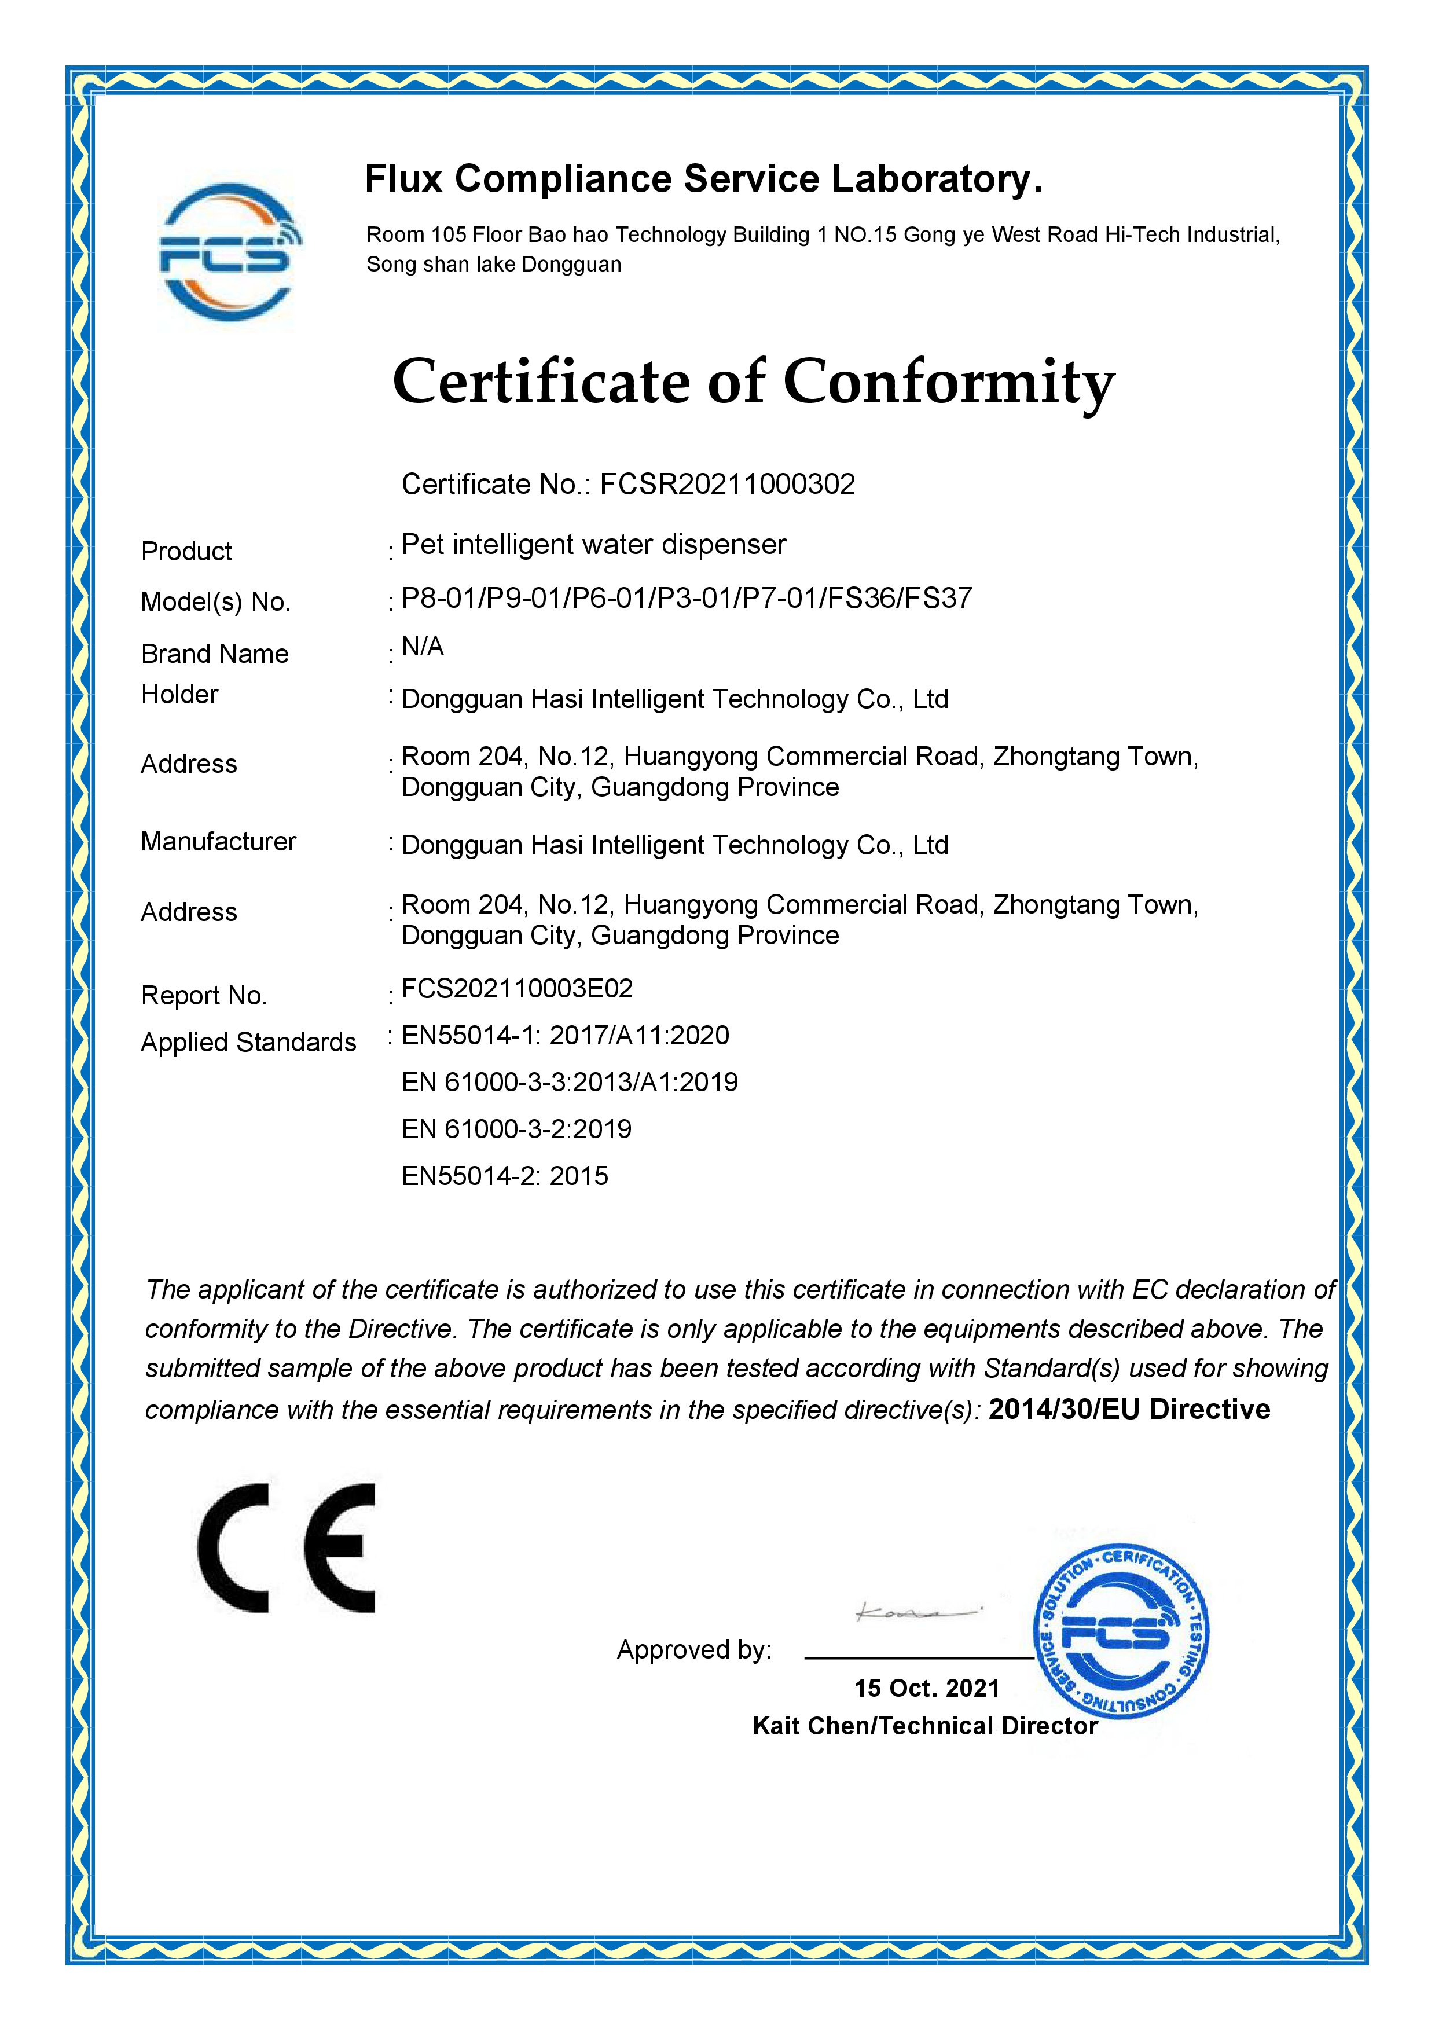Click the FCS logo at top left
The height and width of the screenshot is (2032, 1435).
229,252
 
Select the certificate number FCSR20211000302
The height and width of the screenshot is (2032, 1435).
727,484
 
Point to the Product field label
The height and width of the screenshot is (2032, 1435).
186,551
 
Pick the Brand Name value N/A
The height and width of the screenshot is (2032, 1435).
423,647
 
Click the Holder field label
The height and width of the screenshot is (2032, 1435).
179,695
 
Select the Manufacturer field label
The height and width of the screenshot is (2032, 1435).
219,842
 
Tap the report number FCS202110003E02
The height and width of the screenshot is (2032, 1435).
518,989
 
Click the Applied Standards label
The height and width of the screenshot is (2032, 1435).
248,1043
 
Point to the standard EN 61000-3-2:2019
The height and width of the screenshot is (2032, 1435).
517,1129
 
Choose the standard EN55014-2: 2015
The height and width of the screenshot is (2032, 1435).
505,1176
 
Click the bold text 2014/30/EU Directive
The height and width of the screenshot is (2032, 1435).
1129,1409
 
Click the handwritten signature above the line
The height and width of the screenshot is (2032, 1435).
916,1612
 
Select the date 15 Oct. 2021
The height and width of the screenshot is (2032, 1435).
926,1689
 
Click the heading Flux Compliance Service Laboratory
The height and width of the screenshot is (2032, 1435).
703,179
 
